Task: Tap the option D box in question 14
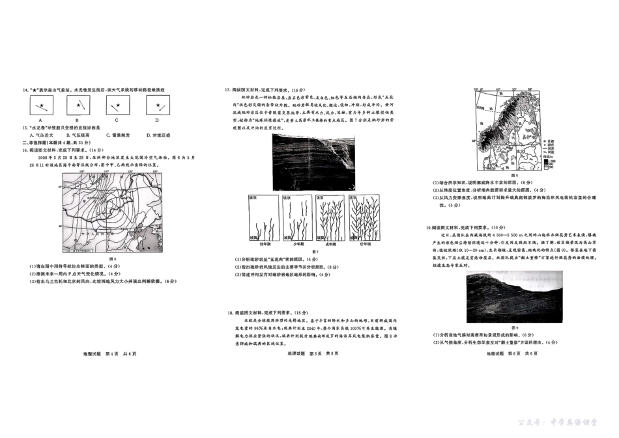tap(156, 105)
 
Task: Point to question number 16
tap(24, 149)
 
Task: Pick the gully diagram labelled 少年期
tap(297, 219)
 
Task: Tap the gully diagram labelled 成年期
tap(330, 219)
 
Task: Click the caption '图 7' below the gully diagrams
tap(315, 251)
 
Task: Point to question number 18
tap(229, 313)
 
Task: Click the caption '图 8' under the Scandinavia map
tap(513, 175)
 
